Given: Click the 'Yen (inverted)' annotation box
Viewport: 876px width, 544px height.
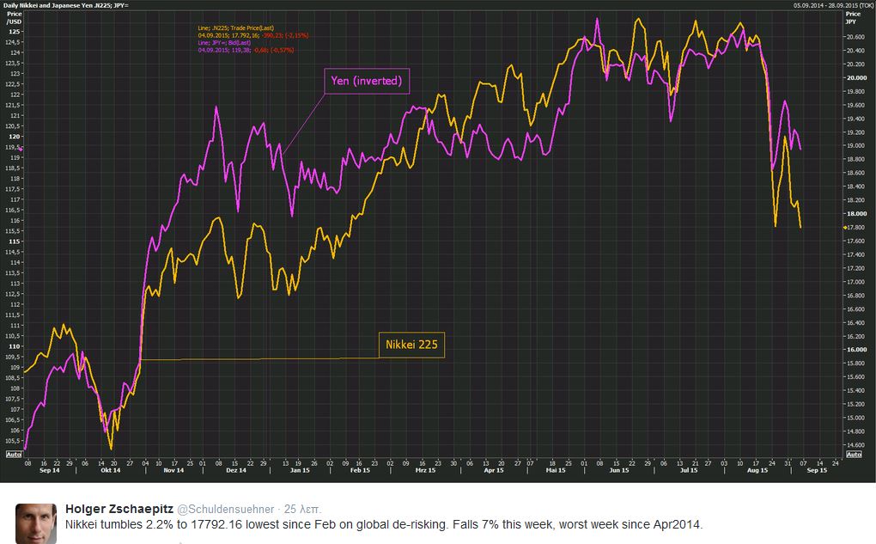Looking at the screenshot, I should pos(367,82).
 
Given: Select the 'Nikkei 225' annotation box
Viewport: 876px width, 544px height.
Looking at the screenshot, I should pos(411,345).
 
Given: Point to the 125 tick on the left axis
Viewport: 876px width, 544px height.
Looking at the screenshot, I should pos(14,32).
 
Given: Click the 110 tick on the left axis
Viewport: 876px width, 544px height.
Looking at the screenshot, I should pos(14,346).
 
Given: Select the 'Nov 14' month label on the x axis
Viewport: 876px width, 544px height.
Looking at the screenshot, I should pos(174,470).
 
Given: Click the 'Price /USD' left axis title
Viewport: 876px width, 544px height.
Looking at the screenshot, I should pos(13,18).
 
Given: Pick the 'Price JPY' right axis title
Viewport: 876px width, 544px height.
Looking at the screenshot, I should pos(852,18).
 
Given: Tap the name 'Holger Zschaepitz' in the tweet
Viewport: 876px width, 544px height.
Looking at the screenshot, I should pos(119,509).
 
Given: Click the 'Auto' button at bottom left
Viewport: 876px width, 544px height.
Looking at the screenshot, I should pos(13,454).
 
